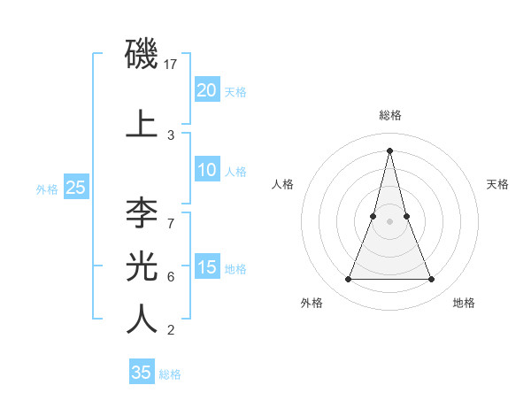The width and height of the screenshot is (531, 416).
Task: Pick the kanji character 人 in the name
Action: [x=142, y=319]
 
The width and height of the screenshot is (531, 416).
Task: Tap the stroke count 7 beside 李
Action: [x=171, y=223]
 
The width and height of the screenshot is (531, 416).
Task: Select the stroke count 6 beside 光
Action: [x=171, y=276]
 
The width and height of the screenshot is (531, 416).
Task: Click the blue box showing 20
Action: [x=206, y=90]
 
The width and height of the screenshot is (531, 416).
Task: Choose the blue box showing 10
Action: [x=206, y=170]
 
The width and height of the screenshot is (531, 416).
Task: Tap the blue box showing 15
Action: [x=206, y=267]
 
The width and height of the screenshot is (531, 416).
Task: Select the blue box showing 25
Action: [x=75, y=187]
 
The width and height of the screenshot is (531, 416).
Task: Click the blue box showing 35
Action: [x=142, y=373]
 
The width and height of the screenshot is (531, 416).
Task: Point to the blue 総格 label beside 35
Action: [x=170, y=374]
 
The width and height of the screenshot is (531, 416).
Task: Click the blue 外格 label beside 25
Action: [x=47, y=189]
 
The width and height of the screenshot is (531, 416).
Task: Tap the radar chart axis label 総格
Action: [x=389, y=116]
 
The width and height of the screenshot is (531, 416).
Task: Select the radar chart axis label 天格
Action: [x=497, y=184]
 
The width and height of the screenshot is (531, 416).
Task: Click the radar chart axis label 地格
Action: [x=464, y=303]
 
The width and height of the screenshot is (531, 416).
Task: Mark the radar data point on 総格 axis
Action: [x=389, y=149]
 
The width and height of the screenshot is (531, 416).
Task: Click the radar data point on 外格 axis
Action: [x=348, y=280]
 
